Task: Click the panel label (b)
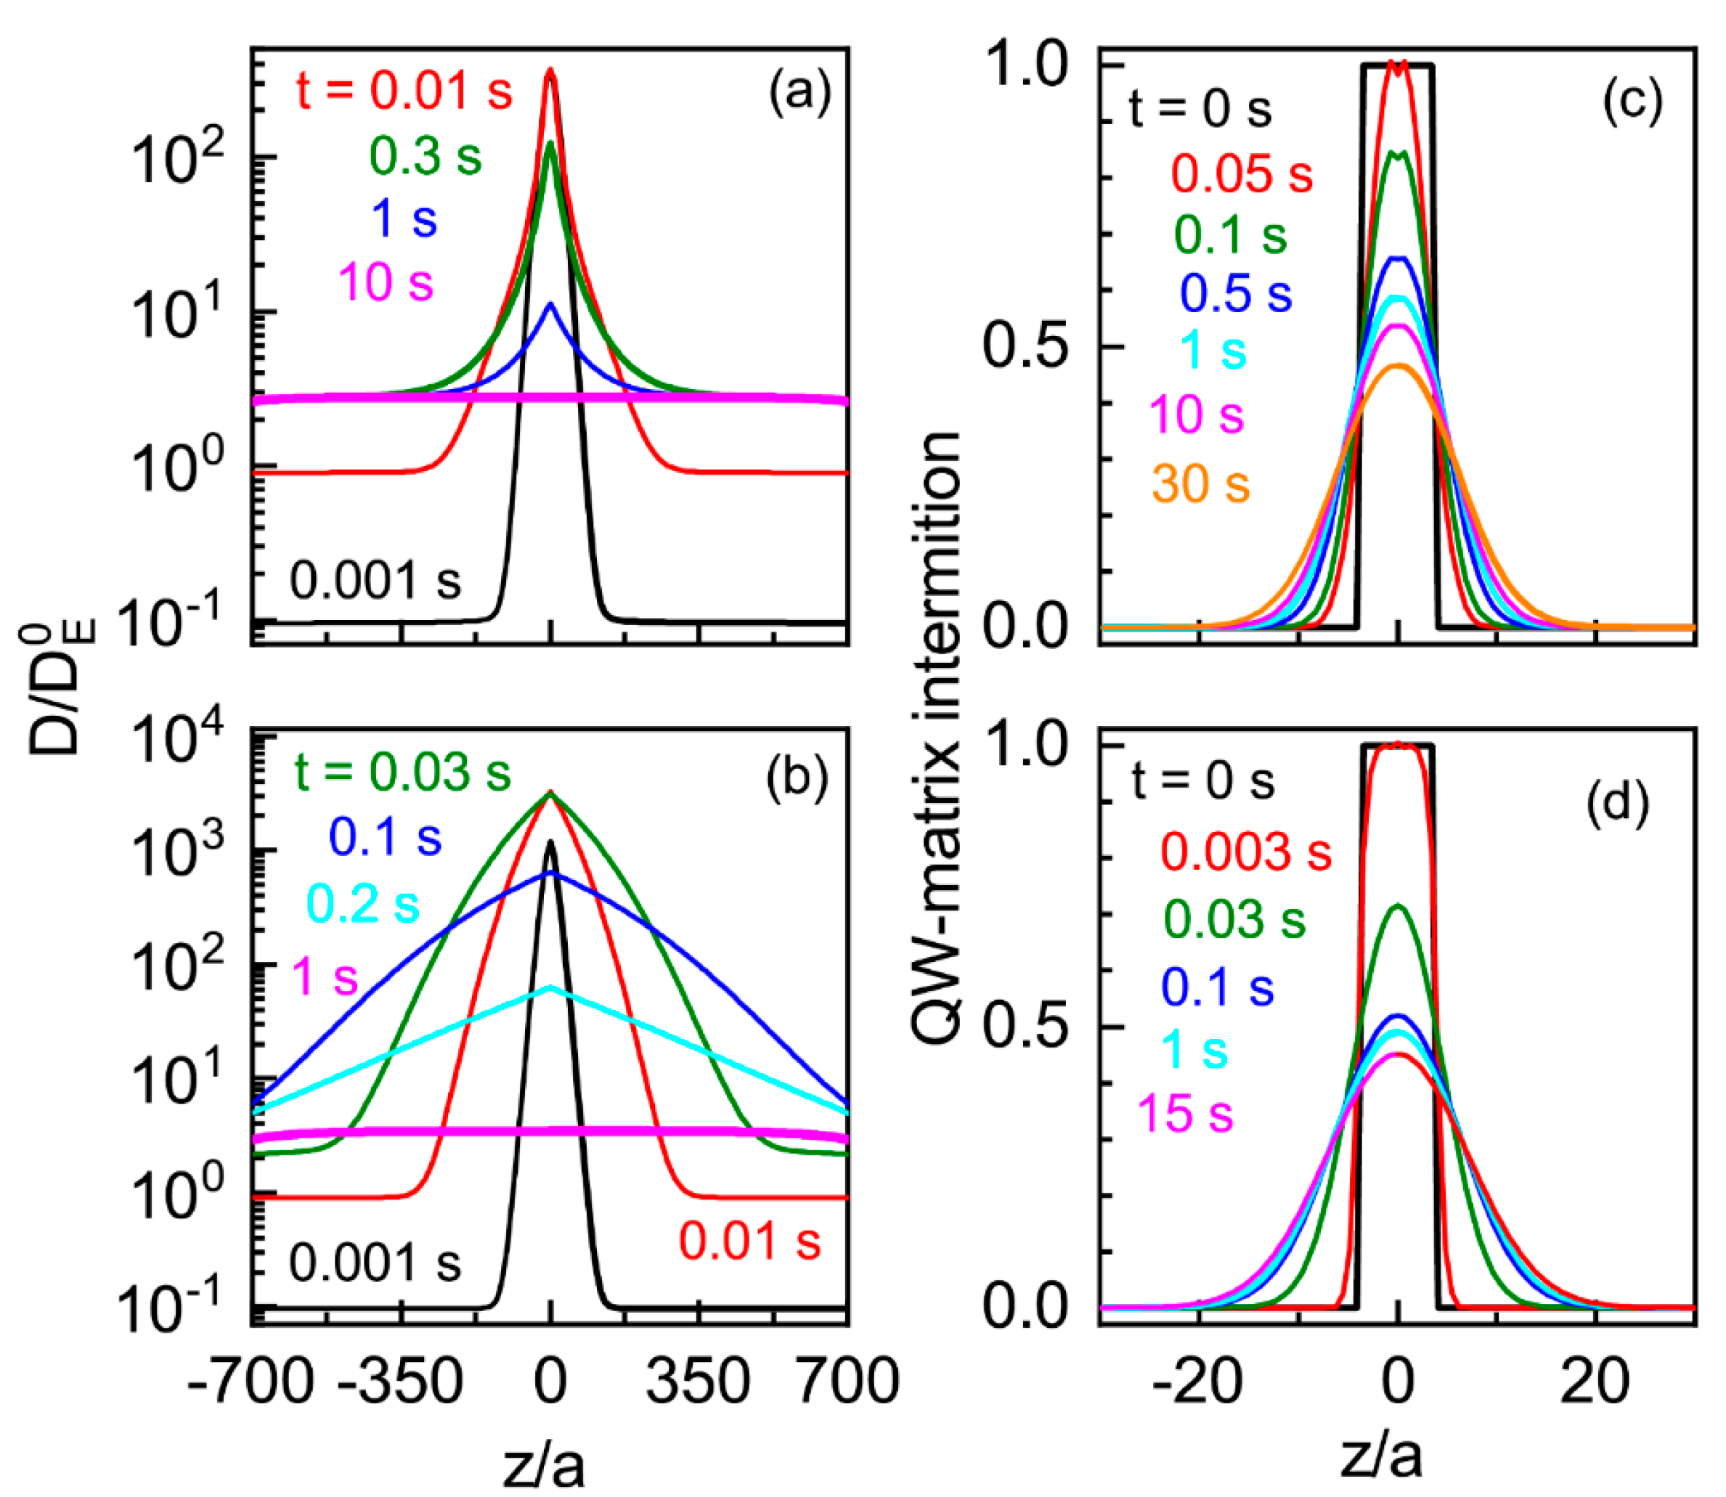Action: (x=796, y=775)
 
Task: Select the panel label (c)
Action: (x=1632, y=102)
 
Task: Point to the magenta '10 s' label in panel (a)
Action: (x=386, y=282)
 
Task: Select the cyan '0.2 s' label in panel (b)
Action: (x=362, y=904)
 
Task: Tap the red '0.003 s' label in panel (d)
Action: (x=1245, y=852)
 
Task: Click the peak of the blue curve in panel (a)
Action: (x=550, y=304)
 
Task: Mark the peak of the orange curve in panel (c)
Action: (x=1397, y=365)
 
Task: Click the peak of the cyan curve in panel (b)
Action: (x=550, y=987)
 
